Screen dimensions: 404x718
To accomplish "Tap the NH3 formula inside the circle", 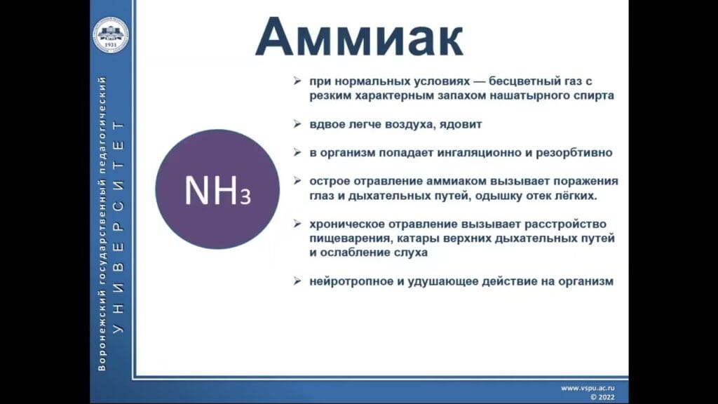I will pyautogui.click(x=217, y=190).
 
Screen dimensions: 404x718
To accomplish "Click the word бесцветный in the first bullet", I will pyautogui.click(x=503, y=82).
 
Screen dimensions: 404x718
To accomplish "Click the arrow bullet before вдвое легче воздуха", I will pyautogui.click(x=297, y=124).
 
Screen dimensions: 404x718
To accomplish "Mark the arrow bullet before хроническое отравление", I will pyautogui.click(x=297, y=224).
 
